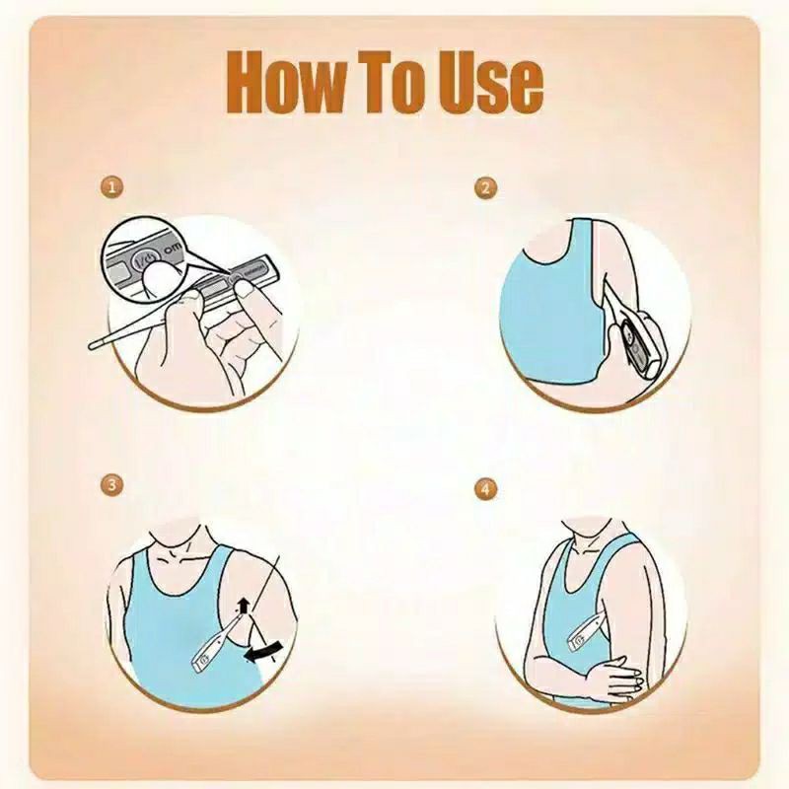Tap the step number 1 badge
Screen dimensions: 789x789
[111, 187]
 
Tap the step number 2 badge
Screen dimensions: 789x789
[485, 187]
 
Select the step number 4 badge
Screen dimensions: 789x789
[485, 489]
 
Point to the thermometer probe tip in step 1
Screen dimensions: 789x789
[92, 345]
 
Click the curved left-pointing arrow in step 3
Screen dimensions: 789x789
[262, 652]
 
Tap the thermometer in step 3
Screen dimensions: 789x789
[216, 644]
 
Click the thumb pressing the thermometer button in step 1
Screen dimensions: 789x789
[245, 289]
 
